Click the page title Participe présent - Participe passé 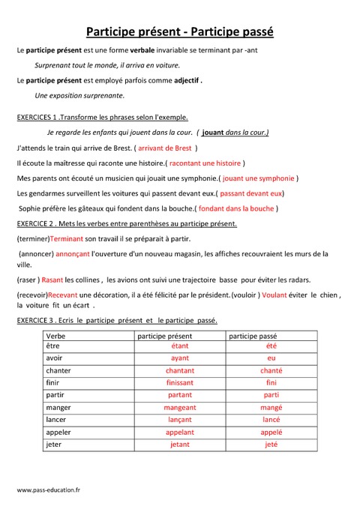pos(180,32)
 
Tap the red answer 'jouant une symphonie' pos(258,178)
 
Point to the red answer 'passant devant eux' pos(250,193)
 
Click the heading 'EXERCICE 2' pos(36,223)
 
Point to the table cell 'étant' pos(180,346)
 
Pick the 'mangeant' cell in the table pos(180,407)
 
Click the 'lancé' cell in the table pos(271,420)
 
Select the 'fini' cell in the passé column pos(271,383)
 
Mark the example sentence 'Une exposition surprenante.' pos(79,95)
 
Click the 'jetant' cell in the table pos(180,444)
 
